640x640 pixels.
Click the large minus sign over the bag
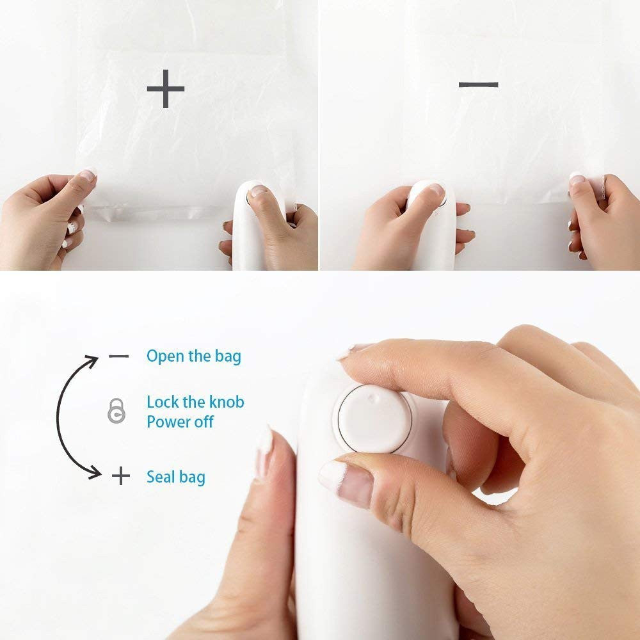(x=478, y=84)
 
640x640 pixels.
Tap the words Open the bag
(x=194, y=356)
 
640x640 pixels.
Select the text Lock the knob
(x=195, y=402)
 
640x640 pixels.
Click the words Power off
(x=180, y=422)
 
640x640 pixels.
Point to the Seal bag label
(x=176, y=477)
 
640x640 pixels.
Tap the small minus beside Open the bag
(x=118, y=356)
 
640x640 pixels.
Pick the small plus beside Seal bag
(x=120, y=476)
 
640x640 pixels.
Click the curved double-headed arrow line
(x=59, y=416)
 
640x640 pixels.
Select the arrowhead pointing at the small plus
(x=95, y=473)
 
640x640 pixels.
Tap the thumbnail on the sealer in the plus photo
(x=259, y=191)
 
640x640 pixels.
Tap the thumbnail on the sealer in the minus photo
(x=433, y=190)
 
